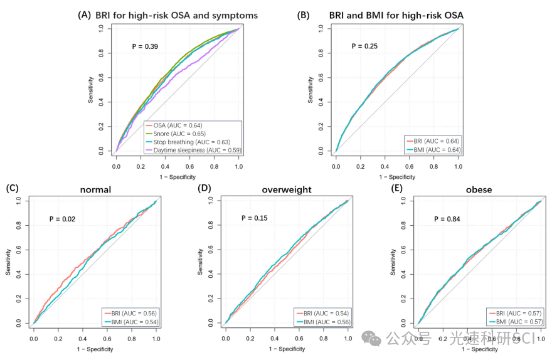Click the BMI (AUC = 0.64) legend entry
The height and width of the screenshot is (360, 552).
pos(433,149)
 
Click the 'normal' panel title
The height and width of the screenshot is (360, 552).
pos(96,189)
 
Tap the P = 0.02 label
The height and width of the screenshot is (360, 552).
pos(63,219)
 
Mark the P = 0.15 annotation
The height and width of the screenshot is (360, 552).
pos(254,218)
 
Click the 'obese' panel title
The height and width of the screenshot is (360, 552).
pos(479,189)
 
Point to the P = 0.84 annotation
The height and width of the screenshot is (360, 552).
pos(447,219)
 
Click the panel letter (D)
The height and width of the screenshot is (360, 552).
pos(204,188)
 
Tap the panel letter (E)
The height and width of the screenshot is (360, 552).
pos(397,188)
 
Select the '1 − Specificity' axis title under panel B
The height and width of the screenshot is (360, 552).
pos(396,177)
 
